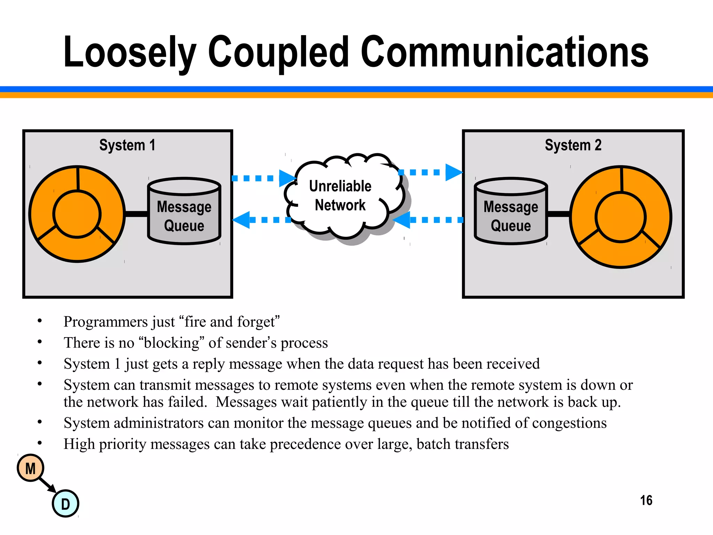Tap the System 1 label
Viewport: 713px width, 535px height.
127,145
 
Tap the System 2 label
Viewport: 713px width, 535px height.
573,145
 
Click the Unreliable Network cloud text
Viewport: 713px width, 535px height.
340,195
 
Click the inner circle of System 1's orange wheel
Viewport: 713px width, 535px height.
77,214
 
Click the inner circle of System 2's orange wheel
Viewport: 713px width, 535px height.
620,217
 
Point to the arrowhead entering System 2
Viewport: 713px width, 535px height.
453,172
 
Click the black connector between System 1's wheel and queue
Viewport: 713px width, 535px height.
136,214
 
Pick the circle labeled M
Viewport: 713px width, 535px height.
31,468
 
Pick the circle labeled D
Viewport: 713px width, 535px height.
65,504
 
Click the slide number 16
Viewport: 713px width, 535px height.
646,501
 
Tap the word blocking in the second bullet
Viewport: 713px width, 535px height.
171,343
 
